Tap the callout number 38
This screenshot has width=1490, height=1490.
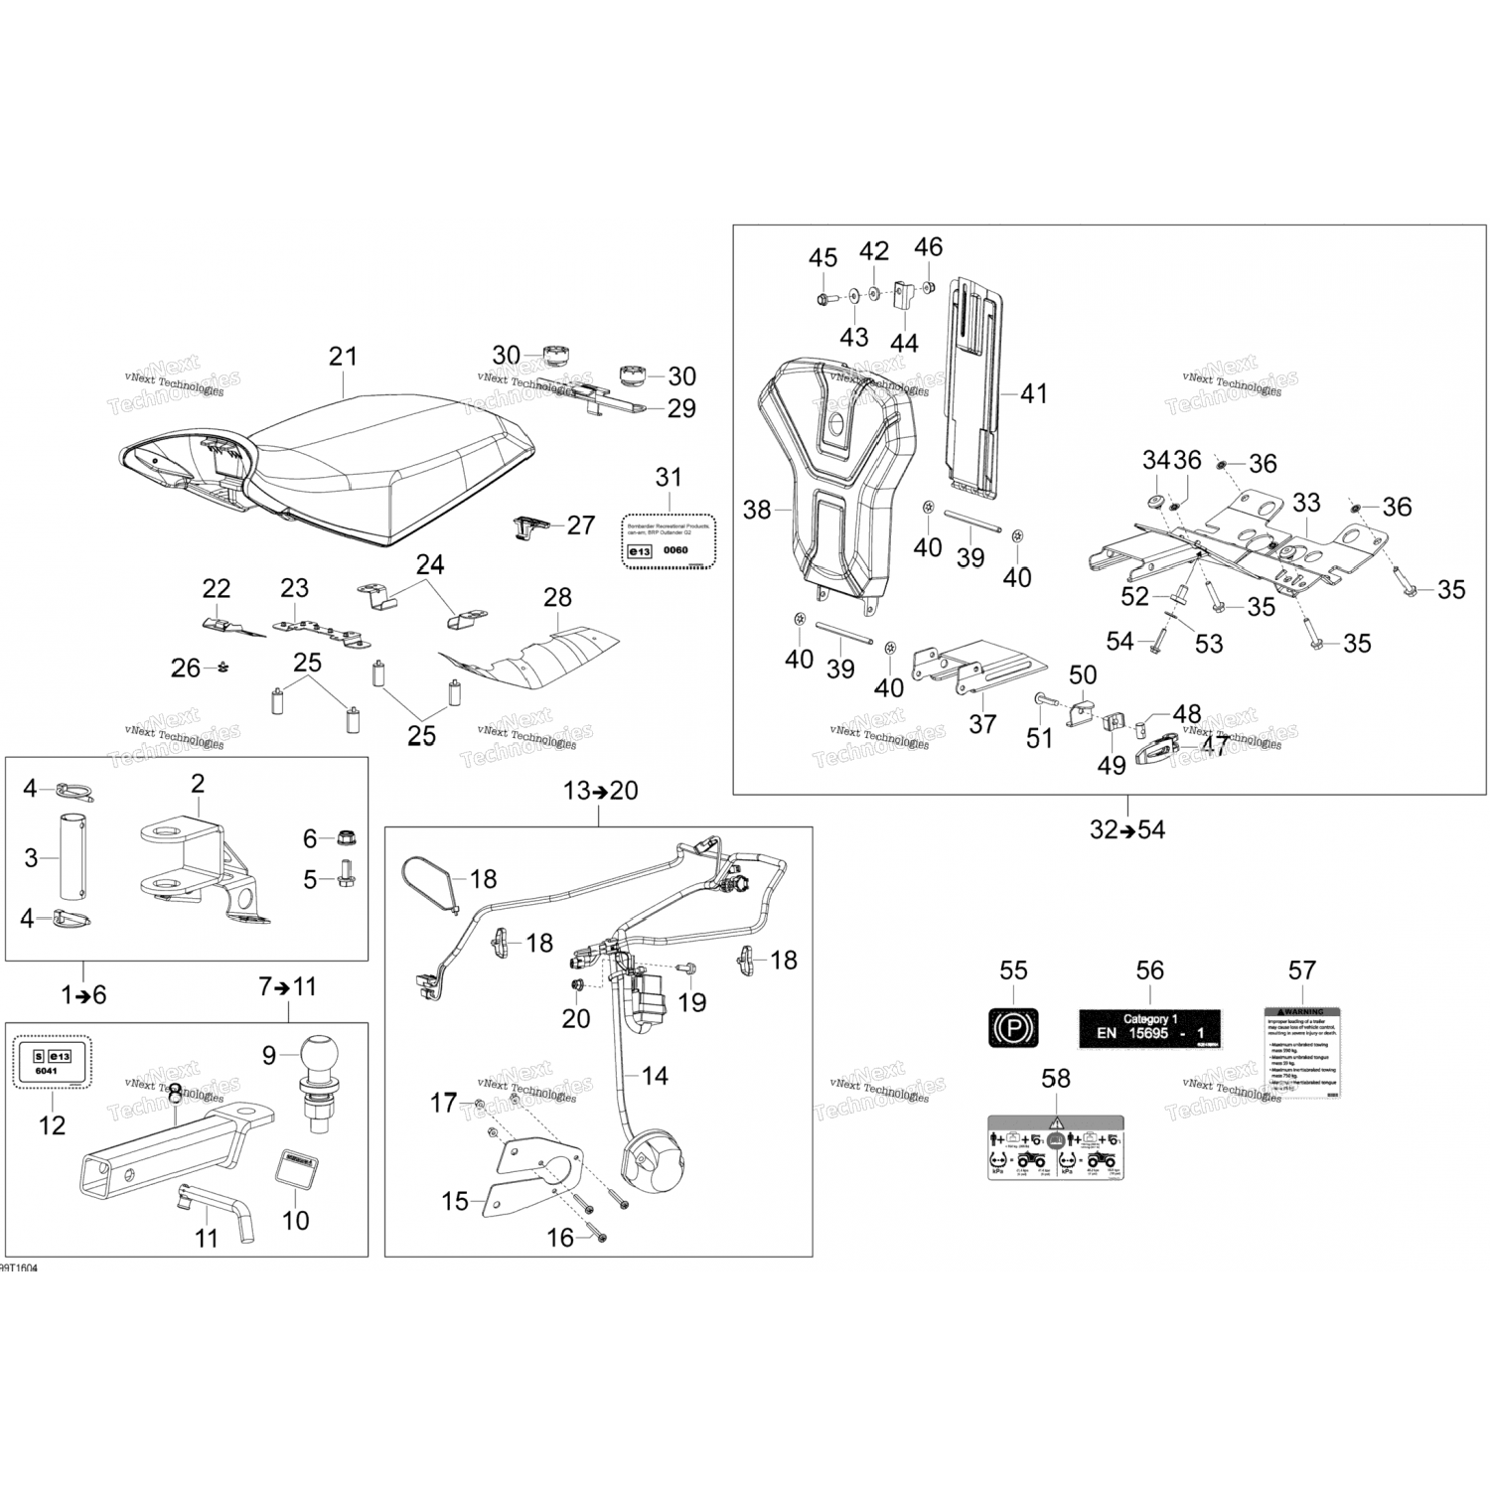(x=757, y=510)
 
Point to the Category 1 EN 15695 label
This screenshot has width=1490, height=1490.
(x=1149, y=1027)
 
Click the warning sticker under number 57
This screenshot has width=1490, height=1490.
(x=1301, y=1052)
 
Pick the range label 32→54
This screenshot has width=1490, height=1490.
(x=1127, y=829)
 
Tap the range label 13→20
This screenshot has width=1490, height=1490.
(x=601, y=791)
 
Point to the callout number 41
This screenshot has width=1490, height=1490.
(x=1034, y=393)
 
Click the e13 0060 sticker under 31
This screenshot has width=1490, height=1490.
(x=670, y=541)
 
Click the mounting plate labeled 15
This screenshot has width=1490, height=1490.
(x=531, y=1177)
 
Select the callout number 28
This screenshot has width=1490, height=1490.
(x=557, y=597)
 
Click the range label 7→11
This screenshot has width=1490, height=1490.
(x=287, y=986)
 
